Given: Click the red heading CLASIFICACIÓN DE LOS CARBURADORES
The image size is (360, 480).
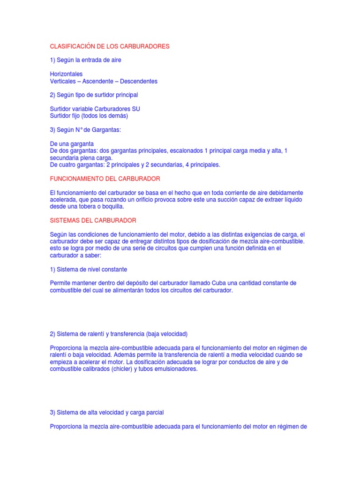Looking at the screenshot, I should point(110,46).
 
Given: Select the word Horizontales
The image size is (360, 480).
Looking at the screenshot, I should point(66,74).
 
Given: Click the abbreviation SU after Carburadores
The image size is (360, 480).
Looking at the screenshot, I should point(136,109).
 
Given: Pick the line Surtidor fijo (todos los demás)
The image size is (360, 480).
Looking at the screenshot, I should point(89,116).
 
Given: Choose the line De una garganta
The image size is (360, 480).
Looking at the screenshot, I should point(72,143).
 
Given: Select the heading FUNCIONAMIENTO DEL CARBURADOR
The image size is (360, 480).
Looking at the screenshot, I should point(105,179).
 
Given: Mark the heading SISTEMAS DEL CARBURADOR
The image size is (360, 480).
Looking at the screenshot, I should point(93,220).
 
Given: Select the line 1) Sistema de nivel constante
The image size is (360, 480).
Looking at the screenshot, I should point(89,270).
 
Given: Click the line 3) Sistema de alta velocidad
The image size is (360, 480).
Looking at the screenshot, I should point(107,412).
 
